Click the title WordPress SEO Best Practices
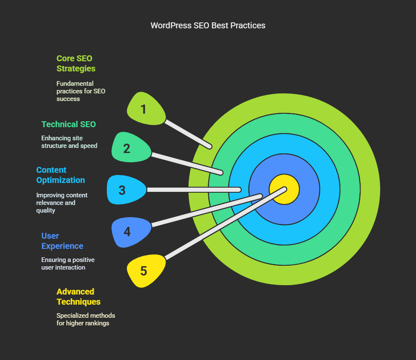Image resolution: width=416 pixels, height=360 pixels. click(208, 25)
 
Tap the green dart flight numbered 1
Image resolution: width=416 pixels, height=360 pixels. click(146, 109)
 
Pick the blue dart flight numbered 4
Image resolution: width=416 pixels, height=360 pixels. click(131, 232)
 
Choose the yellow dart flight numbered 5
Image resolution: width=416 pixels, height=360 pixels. click(146, 270)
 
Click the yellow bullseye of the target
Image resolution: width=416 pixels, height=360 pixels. click(284, 189)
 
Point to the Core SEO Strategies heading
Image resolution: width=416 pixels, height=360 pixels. click(76, 63)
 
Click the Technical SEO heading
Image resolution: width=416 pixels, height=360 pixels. click(68, 124)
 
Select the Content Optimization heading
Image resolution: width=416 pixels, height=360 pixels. click(60, 175)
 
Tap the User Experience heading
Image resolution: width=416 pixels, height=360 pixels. click(63, 241)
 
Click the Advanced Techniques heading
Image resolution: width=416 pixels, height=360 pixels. click(79, 297)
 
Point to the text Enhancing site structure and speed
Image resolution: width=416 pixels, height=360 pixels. click(69, 142)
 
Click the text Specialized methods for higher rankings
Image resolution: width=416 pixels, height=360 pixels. click(86, 319)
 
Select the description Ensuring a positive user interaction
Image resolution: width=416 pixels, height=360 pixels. click(68, 263)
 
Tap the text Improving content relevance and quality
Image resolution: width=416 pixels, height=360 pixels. click(62, 202)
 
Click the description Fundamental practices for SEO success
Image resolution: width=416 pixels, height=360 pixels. click(81, 91)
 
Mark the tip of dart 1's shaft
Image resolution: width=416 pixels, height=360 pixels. click(210, 147)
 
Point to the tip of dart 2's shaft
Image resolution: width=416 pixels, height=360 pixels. click(221, 173)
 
